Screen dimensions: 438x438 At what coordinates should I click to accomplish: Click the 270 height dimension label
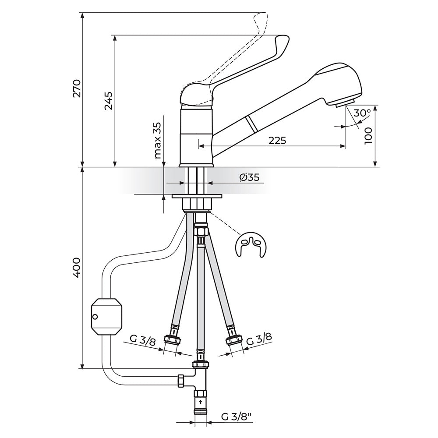(x=77, y=88)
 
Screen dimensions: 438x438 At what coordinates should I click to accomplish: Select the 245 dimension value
(x=108, y=101)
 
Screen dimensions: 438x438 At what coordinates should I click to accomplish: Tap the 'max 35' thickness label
(x=158, y=140)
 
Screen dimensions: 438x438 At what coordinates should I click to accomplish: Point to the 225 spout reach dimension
(x=277, y=140)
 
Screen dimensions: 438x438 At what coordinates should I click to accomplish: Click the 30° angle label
(x=362, y=113)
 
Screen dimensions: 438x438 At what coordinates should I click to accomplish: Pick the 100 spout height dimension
(x=368, y=135)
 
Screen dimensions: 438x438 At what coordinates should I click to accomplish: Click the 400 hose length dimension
(x=77, y=268)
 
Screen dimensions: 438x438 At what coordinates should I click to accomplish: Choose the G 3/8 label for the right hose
(x=259, y=340)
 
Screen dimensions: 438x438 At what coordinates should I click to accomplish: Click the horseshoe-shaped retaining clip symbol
(x=251, y=245)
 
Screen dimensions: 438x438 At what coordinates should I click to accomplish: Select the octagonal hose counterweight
(x=107, y=317)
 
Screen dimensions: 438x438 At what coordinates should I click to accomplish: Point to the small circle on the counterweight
(x=95, y=317)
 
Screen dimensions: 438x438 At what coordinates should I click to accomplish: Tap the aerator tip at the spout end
(x=345, y=103)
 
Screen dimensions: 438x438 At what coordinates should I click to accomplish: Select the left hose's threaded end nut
(x=173, y=339)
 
